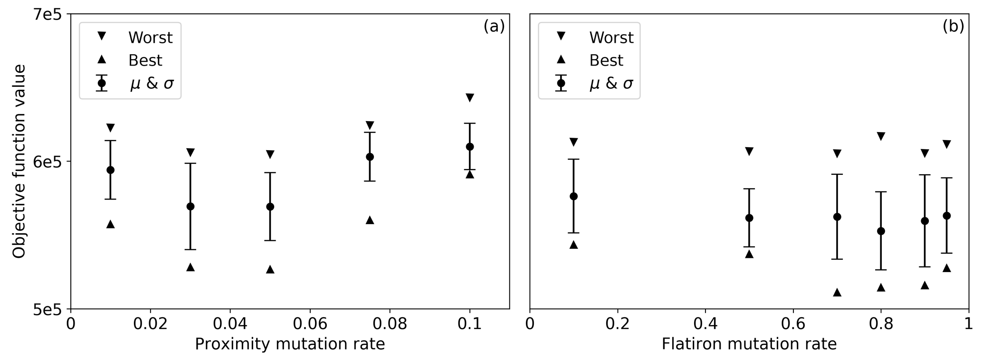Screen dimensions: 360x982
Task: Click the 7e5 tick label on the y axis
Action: tap(48, 15)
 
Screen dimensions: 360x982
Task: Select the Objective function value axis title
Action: tap(19, 161)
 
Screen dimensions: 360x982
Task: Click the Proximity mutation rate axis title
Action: tap(290, 344)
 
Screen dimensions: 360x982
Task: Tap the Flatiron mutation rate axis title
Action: tap(749, 344)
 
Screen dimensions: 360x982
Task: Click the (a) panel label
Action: tap(494, 27)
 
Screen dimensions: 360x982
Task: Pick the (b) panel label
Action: tap(953, 27)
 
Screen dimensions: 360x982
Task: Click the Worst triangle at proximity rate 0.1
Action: tap(470, 98)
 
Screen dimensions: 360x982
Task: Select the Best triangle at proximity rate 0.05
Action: tap(270, 269)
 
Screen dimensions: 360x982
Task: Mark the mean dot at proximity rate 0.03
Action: tap(191, 206)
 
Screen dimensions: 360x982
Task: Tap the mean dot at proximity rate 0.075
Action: tap(370, 157)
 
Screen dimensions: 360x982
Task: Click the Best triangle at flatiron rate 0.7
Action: tap(837, 292)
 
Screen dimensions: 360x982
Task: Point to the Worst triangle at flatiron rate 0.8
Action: tap(881, 136)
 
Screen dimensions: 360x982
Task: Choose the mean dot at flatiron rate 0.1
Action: tap(573, 196)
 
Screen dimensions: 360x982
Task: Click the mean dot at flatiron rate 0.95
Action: tap(946, 216)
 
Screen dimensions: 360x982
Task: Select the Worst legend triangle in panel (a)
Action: tap(101, 36)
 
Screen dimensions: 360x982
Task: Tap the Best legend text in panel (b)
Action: tap(606, 60)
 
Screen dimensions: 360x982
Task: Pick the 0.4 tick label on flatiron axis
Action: tap(705, 324)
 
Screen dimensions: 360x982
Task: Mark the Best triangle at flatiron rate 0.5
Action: tap(749, 254)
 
